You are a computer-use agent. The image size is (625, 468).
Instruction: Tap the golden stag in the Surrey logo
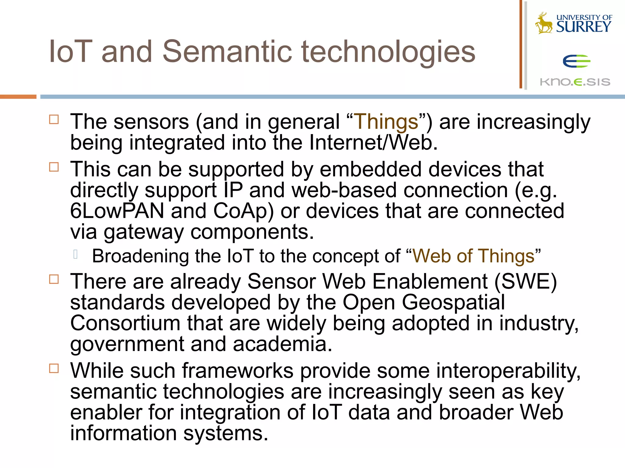(544, 24)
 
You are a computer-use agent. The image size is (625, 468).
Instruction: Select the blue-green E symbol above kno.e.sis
(576, 61)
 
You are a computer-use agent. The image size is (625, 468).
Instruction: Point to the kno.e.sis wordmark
(575, 82)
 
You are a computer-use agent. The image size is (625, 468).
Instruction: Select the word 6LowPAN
(117, 211)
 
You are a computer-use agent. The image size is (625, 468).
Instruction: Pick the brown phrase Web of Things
(473, 256)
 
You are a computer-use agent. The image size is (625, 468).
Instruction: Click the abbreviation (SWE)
(526, 281)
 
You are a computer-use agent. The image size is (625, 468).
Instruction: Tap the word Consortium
(125, 323)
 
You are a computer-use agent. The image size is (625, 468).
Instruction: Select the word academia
(282, 344)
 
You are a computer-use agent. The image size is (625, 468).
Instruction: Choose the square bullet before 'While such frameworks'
(54, 368)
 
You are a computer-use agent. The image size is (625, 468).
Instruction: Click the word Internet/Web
(373, 142)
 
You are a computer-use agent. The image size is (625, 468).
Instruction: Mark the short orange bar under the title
(18, 97)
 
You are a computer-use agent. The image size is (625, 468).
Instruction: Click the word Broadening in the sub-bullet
(140, 256)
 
